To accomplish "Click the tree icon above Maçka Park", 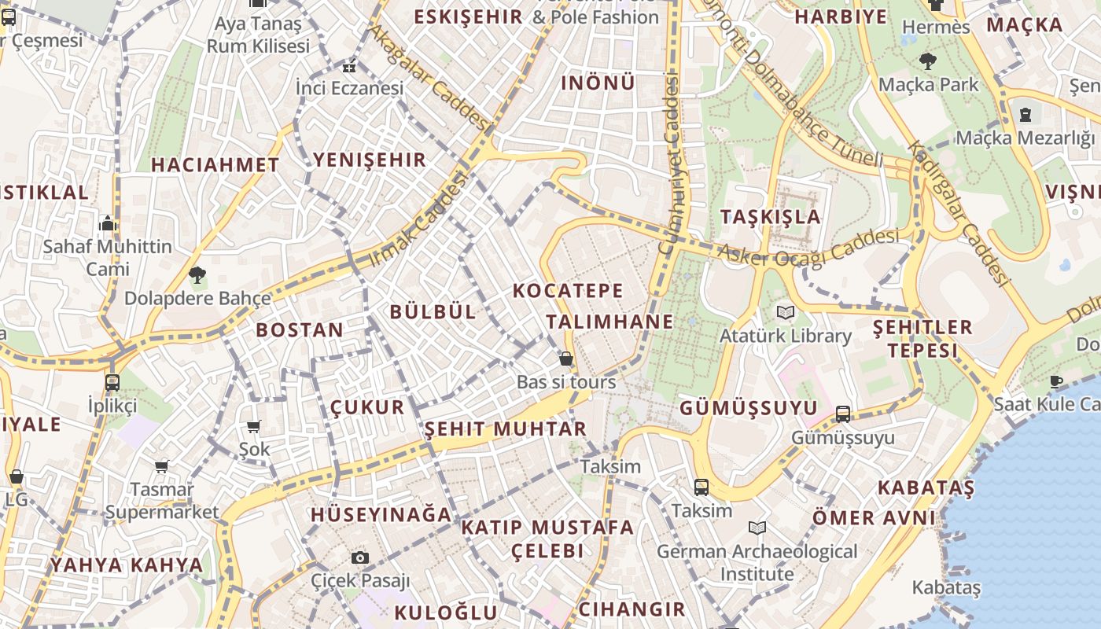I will click(x=928, y=61).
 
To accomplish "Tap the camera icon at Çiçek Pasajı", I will click(x=360, y=557).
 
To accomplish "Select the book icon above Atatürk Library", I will click(x=785, y=313).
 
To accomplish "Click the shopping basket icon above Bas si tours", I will click(x=565, y=360).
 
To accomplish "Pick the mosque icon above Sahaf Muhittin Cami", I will click(x=108, y=224).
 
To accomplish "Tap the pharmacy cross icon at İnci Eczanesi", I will click(x=349, y=68).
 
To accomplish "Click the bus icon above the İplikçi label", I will click(x=112, y=383).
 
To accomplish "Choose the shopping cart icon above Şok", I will click(x=253, y=427).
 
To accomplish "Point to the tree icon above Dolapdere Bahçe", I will click(x=197, y=275).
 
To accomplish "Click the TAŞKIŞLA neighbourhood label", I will click(x=770, y=217).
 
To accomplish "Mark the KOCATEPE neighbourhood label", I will click(x=568, y=290).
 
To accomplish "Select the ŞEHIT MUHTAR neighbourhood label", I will click(x=506, y=429).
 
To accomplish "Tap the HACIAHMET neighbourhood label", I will click(x=215, y=165).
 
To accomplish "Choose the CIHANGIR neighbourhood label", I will click(x=632, y=609).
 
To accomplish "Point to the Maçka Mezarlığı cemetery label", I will click(x=1024, y=138).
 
